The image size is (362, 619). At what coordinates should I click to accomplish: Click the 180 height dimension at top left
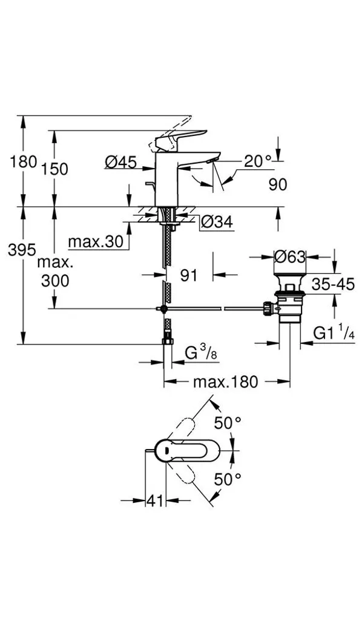tap(24, 161)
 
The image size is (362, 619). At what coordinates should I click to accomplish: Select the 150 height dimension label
tap(55, 169)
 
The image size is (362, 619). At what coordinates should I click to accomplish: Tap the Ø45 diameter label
tap(121, 161)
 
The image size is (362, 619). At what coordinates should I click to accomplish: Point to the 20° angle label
tap(258, 161)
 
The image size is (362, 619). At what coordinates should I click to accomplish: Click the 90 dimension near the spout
tap(278, 184)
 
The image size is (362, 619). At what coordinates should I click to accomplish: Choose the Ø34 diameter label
tap(217, 222)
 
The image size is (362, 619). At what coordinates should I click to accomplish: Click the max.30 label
tap(96, 242)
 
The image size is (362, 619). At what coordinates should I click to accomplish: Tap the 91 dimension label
tap(188, 275)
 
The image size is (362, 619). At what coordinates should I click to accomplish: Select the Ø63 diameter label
tap(290, 258)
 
